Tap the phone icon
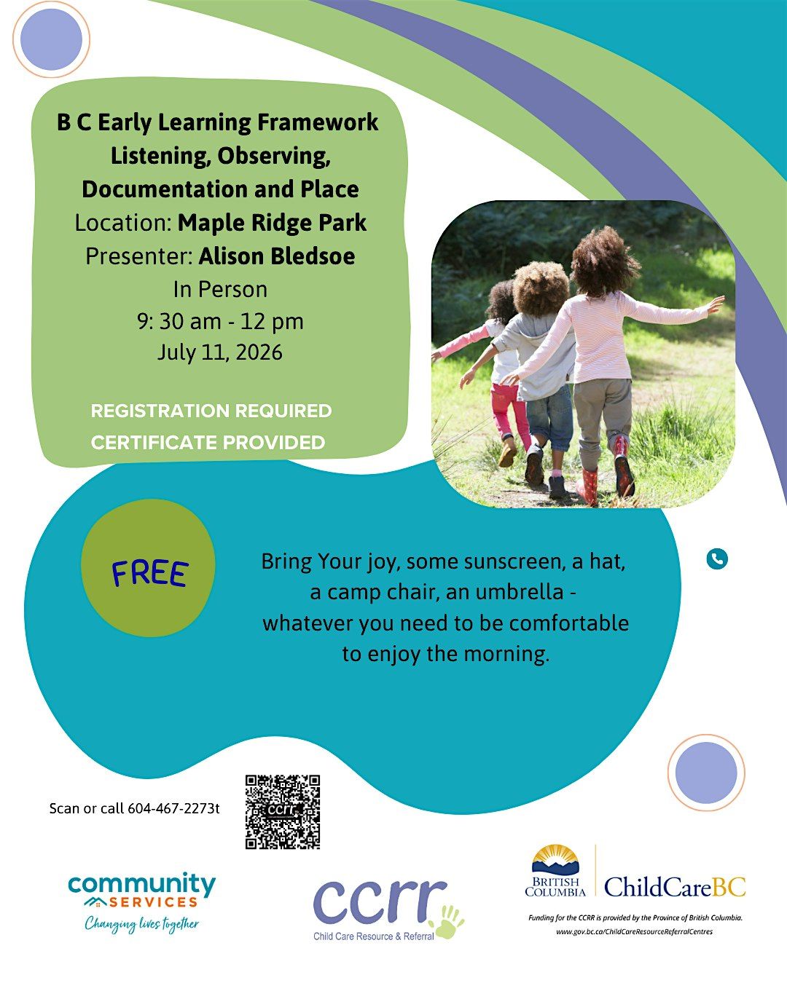pos(717,558)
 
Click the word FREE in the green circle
pos(150,573)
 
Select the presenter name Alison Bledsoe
pos(277,256)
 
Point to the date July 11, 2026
pos(220,352)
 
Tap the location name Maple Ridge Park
pos(272,223)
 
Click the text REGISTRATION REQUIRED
pos(211,411)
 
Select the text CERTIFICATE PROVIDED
pos(208,442)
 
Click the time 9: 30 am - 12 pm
pos(220,322)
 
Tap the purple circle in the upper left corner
pos(51,39)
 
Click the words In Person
pos(220,290)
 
